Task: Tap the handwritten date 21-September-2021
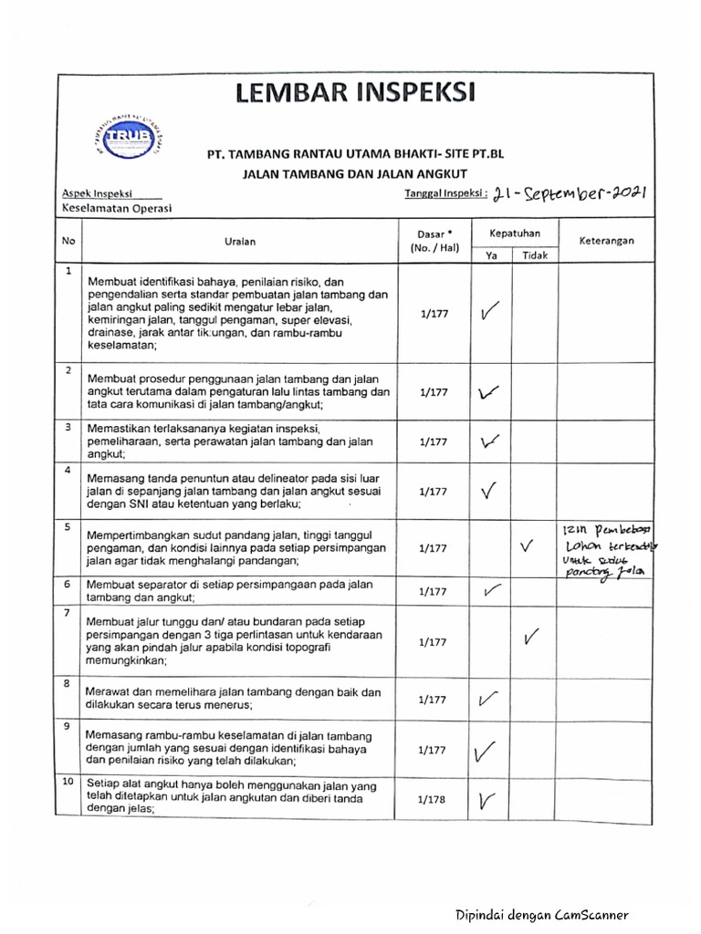(x=569, y=192)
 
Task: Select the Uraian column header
(x=240, y=242)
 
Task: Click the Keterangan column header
(x=606, y=241)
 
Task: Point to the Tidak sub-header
(x=535, y=255)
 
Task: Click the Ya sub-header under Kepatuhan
(x=491, y=255)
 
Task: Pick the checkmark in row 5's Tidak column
(x=527, y=546)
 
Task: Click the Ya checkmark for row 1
(x=489, y=314)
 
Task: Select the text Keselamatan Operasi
(x=116, y=208)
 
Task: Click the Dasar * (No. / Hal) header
(x=434, y=241)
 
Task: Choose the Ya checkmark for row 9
(x=486, y=752)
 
